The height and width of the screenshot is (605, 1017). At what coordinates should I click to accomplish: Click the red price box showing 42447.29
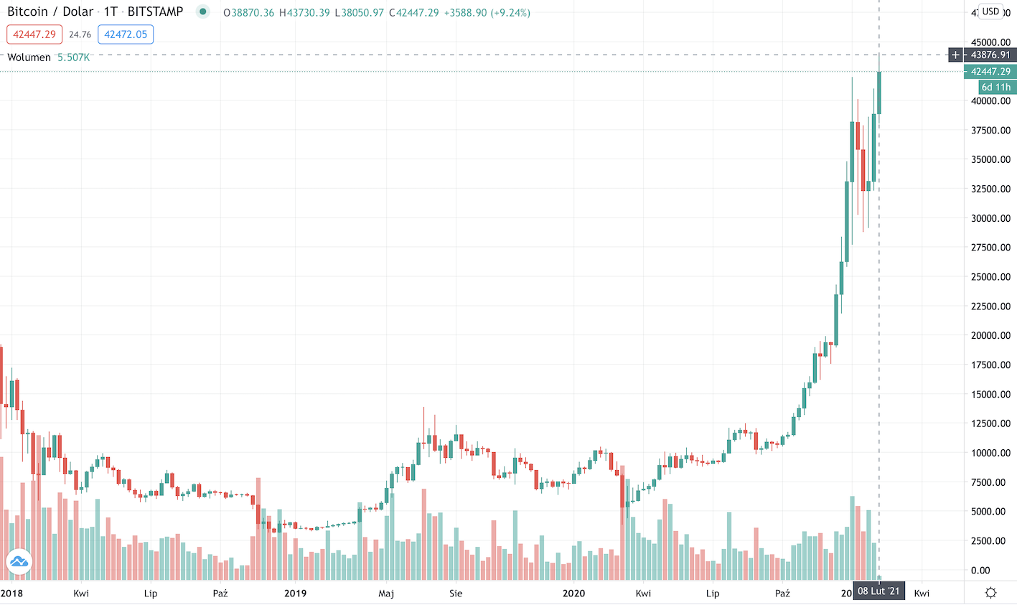point(34,34)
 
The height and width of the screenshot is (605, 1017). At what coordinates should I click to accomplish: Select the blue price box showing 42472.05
point(126,34)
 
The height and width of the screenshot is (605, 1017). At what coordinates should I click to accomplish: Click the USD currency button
point(991,11)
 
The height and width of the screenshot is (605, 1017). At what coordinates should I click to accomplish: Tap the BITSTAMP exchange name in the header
point(155,12)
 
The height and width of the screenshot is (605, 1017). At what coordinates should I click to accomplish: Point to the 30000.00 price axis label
point(990,218)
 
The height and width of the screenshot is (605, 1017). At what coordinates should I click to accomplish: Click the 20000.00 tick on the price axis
point(990,335)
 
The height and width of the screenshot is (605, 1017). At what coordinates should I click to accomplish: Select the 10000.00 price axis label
point(990,453)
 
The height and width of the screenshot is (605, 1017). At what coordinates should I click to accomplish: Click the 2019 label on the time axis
point(295,593)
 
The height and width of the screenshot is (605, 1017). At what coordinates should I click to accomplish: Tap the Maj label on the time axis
point(386,593)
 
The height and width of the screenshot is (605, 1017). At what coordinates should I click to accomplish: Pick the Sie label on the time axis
point(456,593)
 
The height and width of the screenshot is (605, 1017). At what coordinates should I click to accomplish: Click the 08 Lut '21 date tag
point(878,591)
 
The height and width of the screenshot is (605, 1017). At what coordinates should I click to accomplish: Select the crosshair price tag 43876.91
point(990,55)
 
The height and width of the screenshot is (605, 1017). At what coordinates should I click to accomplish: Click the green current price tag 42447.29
point(990,72)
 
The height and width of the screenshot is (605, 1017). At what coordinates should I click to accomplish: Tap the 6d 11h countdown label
point(996,87)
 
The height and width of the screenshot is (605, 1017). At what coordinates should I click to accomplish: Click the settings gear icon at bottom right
point(991,593)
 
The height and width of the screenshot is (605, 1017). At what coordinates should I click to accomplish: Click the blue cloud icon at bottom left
point(19,561)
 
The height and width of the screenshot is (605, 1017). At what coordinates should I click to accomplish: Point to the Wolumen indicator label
point(29,57)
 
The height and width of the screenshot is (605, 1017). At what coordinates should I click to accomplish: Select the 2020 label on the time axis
point(573,593)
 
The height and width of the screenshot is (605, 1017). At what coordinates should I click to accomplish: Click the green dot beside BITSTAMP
point(203,11)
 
